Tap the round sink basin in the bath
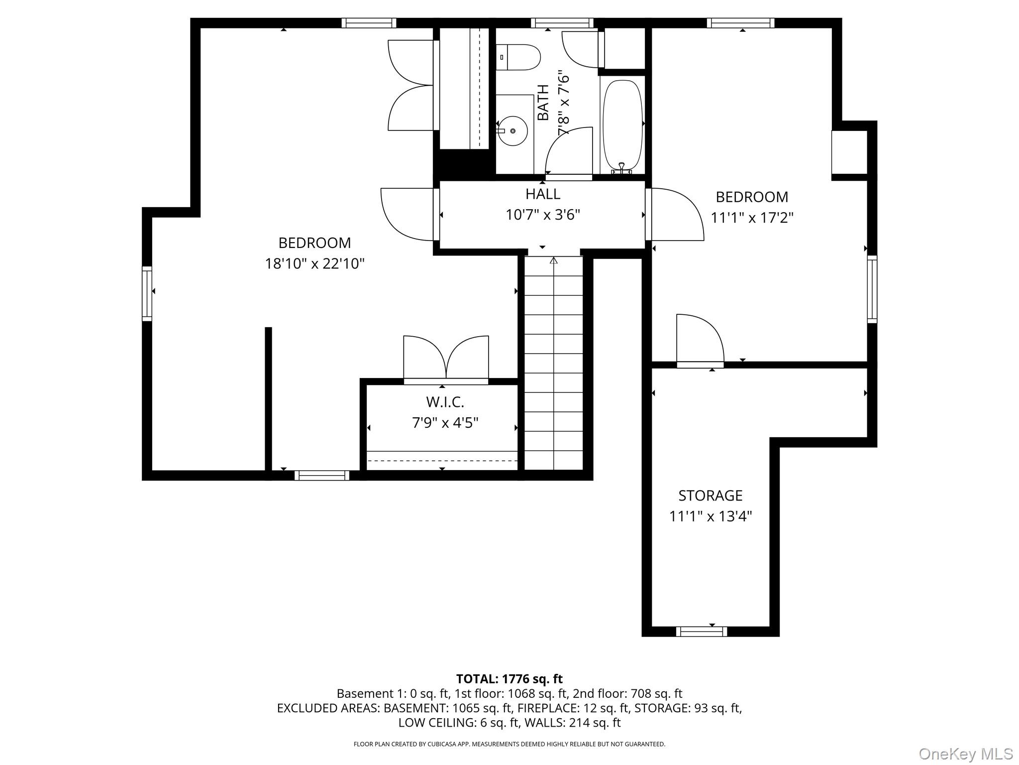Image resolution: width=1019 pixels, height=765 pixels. pos(512,131)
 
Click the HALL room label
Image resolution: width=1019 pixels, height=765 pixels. pos(543,194)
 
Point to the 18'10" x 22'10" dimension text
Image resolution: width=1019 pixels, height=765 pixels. pos(314,263)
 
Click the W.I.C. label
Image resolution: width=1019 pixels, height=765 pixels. pos(445,402)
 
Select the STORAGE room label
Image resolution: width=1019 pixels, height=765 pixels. pos(710,496)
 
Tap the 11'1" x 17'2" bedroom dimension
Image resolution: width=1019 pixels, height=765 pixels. pos(751,218)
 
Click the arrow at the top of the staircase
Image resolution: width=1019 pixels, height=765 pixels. pos(553,260)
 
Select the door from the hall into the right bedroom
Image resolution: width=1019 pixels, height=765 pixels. pos(676,214)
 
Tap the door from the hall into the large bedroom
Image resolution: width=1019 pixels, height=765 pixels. pos(408,214)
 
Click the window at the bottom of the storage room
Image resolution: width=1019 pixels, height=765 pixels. pos(701,632)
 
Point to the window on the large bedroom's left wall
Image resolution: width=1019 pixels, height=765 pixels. pos(147,293)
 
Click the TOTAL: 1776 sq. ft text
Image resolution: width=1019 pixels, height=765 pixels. pos(509,679)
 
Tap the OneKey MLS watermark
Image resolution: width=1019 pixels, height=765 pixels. pos(965,754)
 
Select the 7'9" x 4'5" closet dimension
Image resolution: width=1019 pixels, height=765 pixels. pos(445,423)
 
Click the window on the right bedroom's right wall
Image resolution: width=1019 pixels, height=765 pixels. pos(872,289)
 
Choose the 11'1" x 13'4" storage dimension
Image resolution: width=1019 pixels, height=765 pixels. pos(710,516)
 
